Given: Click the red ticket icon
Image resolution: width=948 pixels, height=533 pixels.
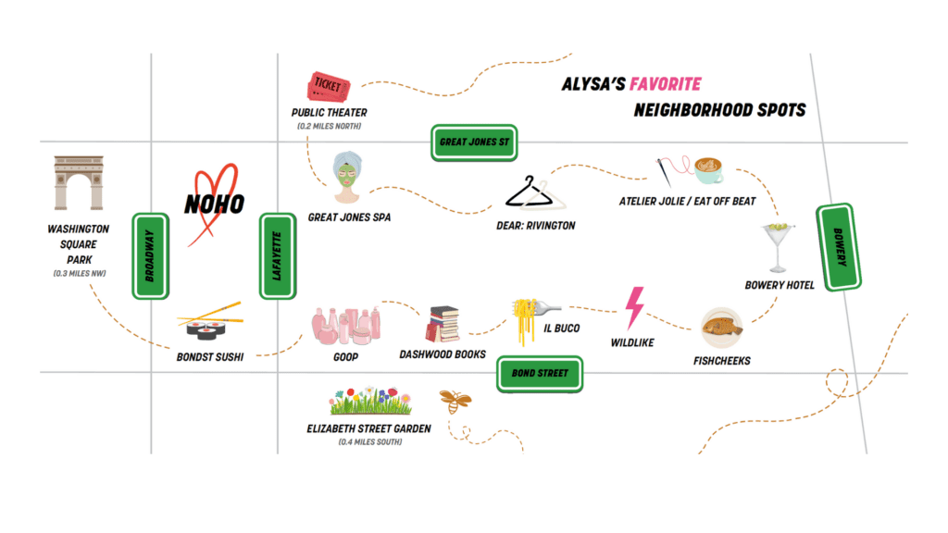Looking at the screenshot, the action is tap(329, 86).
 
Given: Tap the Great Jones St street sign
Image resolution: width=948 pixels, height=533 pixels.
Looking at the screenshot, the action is tap(474, 143).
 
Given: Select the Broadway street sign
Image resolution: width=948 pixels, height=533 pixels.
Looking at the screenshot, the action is tap(151, 255).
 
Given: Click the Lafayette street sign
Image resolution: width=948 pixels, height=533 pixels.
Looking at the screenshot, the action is tap(278, 255).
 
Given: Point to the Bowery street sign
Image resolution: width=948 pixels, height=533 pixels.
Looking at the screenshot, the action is tap(839, 247).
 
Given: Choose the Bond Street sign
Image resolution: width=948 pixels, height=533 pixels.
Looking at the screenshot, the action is tap(540, 374).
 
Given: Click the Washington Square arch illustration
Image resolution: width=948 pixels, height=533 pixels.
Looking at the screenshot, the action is tap(79, 182).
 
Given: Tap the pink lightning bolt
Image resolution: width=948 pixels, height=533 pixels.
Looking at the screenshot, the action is tap(634, 307).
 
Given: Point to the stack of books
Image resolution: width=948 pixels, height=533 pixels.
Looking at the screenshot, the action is tap(443, 324).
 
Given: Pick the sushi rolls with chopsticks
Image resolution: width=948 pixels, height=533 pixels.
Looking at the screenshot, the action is tap(209, 321).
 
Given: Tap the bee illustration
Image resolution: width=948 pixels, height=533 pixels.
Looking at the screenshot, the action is tap(455, 401).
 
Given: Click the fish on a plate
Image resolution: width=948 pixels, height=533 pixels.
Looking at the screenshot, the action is tap(721, 328).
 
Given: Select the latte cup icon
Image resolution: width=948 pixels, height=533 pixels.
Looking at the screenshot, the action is tap(708, 170).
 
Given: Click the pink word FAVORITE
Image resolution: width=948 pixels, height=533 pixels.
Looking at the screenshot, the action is tap(665, 84).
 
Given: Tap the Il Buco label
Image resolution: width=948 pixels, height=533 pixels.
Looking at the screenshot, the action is tap(561, 328).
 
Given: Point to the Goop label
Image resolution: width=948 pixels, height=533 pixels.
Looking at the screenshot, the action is tap(345, 357).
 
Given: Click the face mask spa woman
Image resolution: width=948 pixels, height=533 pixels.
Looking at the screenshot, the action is tap(347, 177).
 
